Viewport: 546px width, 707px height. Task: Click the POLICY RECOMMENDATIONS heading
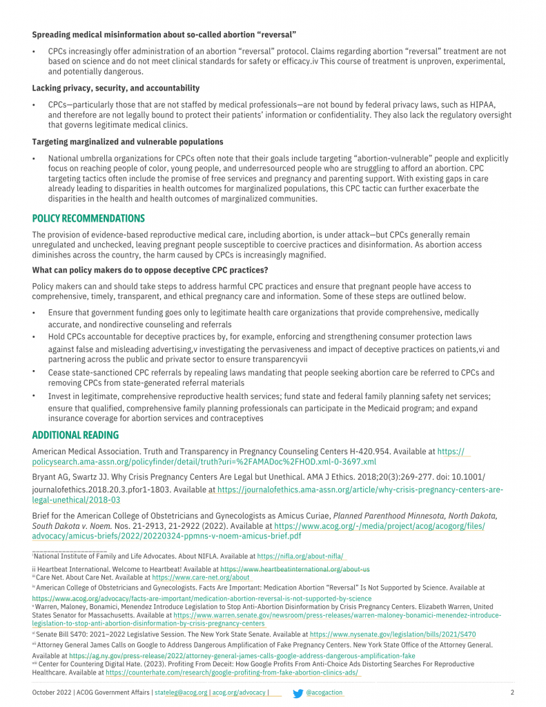pos(88,219)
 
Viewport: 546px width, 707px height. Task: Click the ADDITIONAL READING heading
pos(75,435)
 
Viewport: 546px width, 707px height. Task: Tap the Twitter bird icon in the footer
pos(298,693)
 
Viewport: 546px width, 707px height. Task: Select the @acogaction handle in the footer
pos(324,693)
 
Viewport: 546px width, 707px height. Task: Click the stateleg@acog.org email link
pos(181,693)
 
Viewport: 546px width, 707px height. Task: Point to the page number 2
pos(512,693)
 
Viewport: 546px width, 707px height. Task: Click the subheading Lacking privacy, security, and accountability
pos(115,88)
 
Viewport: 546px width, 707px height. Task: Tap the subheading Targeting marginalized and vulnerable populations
pos(127,142)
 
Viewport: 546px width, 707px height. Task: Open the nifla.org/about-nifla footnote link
pos(300,556)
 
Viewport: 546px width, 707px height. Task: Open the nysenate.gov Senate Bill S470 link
pos(392,634)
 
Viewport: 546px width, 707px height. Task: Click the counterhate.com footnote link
pos(233,672)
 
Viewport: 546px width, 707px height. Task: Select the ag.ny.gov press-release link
pos(242,655)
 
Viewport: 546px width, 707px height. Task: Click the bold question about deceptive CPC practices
pos(150,269)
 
